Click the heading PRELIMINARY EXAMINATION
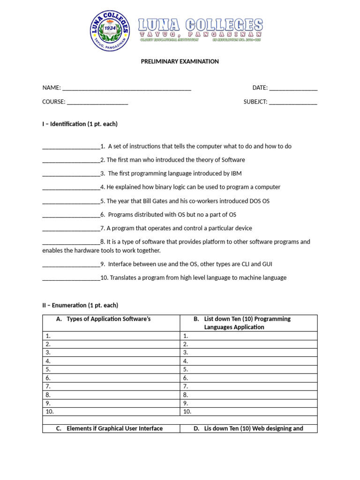click(180, 61)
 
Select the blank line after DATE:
click(293, 88)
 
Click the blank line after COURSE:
click(97, 102)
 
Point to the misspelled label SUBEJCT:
click(255, 102)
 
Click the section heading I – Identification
click(80, 124)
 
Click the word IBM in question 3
click(236, 173)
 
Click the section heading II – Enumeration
click(80, 305)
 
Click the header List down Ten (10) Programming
click(247, 319)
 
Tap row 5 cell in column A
click(111, 369)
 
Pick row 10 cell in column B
click(248, 412)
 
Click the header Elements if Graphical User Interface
click(114, 428)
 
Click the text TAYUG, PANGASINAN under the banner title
click(200, 34)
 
